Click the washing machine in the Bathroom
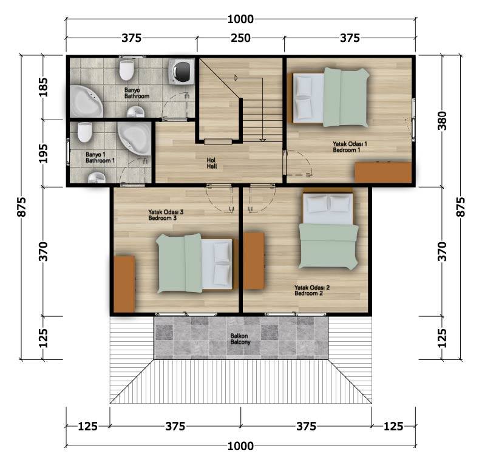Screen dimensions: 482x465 pos(182,72)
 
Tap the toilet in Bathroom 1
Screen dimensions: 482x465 pos(85,132)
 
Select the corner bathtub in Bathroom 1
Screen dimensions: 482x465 pos(135,138)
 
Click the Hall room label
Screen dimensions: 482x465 pos(211,163)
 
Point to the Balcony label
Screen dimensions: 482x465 pos(240,339)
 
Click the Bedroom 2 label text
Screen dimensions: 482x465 pos(311,290)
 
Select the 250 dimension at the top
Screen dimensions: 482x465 pos(240,38)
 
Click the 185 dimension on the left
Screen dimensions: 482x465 pos(43,87)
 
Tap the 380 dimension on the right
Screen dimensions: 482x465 pos(442,120)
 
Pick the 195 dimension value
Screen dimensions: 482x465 pos(43,154)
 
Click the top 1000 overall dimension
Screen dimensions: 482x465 pos(240,19)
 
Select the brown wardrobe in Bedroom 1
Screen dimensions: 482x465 pos(383,172)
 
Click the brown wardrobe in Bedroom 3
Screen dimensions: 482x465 pos(124,284)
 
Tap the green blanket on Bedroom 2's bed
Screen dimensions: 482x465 pos(328,246)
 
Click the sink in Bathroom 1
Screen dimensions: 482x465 pos(97,178)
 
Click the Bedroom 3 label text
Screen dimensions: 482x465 pos(166,215)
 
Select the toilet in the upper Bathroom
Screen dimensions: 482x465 pos(126,70)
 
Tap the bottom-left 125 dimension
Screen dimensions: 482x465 pos(87,426)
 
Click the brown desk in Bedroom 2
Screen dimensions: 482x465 pos(254,260)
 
